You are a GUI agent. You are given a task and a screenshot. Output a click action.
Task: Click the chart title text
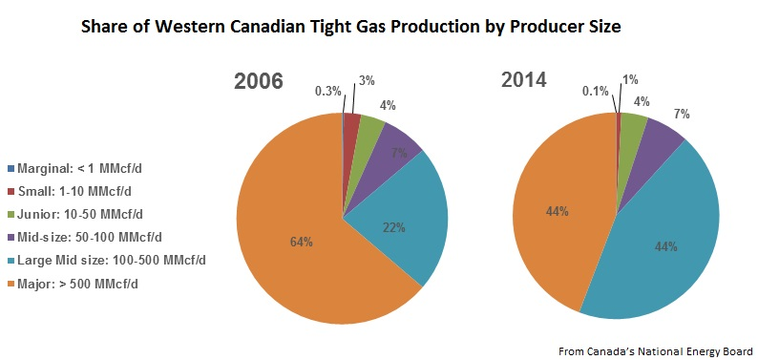tap(350, 28)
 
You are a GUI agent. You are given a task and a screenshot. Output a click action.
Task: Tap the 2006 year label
tap(260, 81)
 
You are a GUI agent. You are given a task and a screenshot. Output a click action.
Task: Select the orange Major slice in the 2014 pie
tap(554, 210)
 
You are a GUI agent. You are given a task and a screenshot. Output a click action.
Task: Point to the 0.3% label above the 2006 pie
tap(326, 92)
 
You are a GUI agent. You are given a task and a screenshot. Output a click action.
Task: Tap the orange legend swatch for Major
tap(10, 284)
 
